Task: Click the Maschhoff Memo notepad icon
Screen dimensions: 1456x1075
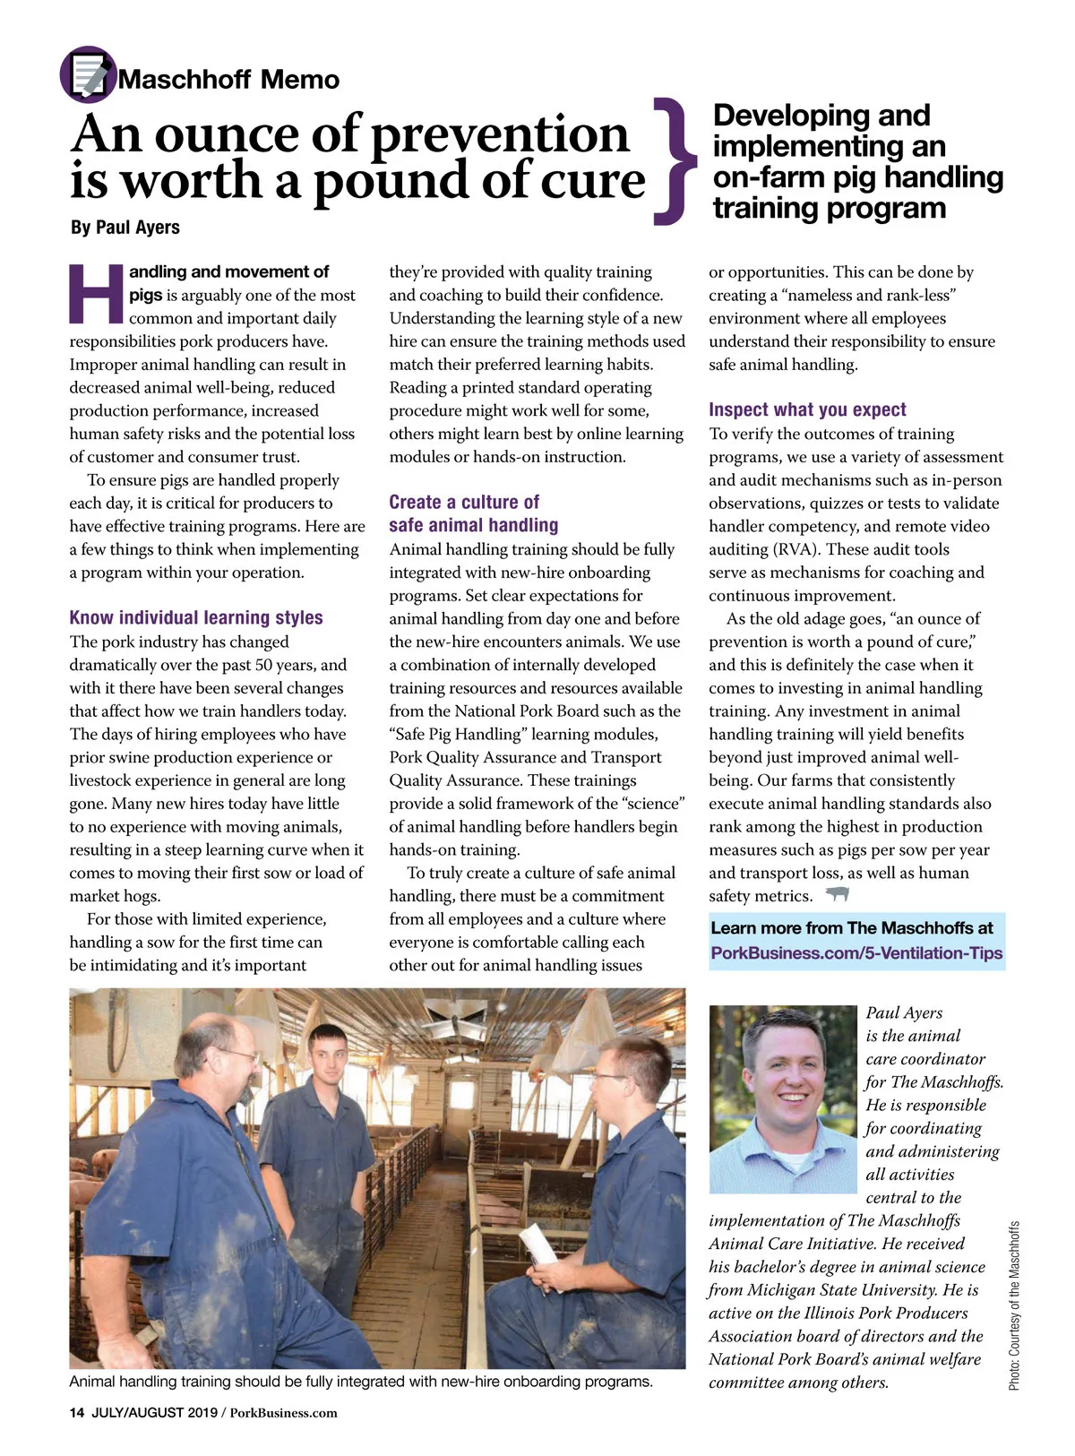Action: (x=88, y=74)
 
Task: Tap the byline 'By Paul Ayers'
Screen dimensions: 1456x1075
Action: (x=125, y=228)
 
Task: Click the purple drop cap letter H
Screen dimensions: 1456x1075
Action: (x=96, y=293)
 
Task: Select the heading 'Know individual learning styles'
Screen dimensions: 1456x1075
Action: (x=196, y=617)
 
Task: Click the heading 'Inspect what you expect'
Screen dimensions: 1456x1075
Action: (x=807, y=409)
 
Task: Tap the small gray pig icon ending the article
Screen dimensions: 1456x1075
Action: (x=837, y=894)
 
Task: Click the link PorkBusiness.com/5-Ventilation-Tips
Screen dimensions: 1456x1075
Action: (x=856, y=952)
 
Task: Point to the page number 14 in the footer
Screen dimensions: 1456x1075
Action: (x=76, y=1413)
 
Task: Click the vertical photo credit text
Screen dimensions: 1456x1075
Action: (x=1014, y=1305)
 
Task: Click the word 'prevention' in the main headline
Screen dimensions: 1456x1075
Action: (x=499, y=134)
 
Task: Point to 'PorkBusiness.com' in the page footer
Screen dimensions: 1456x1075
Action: (x=284, y=1413)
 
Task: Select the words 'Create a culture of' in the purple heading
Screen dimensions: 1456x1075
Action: (x=464, y=502)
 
